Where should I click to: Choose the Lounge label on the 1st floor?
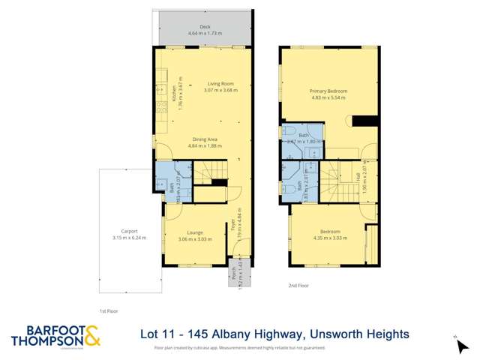tap(194, 233)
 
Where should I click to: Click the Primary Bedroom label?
tap(328, 91)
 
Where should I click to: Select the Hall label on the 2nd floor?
tap(358, 178)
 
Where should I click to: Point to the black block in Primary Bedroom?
tap(364, 121)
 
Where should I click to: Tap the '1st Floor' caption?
tap(109, 310)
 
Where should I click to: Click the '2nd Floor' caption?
tap(298, 286)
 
